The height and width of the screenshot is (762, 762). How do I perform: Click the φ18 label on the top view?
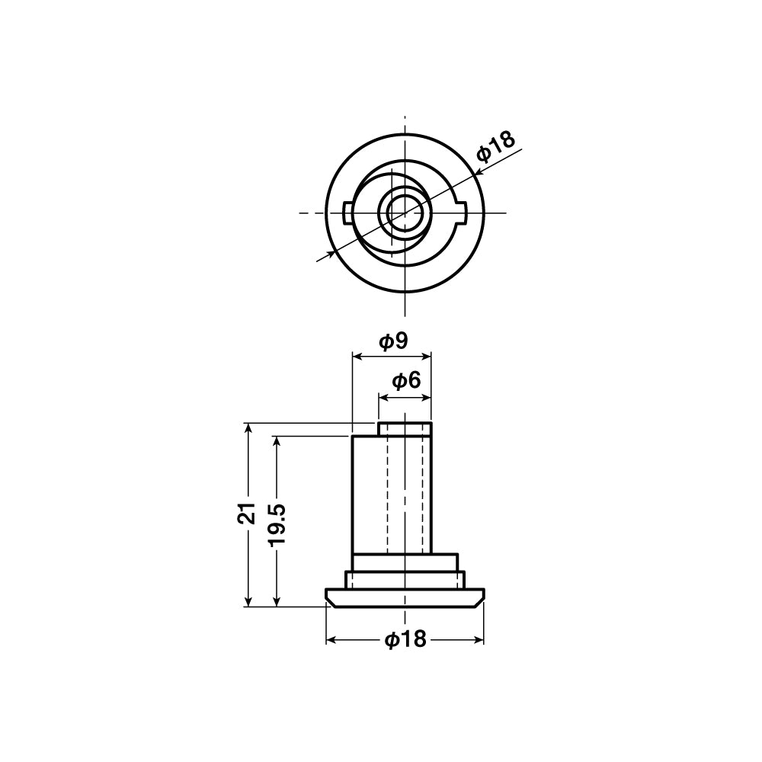click(x=495, y=146)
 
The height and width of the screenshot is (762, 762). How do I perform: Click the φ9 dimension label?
click(x=393, y=341)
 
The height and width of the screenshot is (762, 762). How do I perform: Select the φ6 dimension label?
click(x=406, y=381)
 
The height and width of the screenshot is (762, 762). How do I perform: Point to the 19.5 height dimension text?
click(x=277, y=525)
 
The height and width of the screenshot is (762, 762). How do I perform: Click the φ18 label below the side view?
click(x=405, y=639)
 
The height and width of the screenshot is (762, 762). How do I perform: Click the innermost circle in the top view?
click(x=405, y=213)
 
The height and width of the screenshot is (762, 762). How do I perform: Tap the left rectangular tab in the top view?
click(x=347, y=213)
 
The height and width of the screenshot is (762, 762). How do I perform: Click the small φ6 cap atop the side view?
click(x=405, y=429)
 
